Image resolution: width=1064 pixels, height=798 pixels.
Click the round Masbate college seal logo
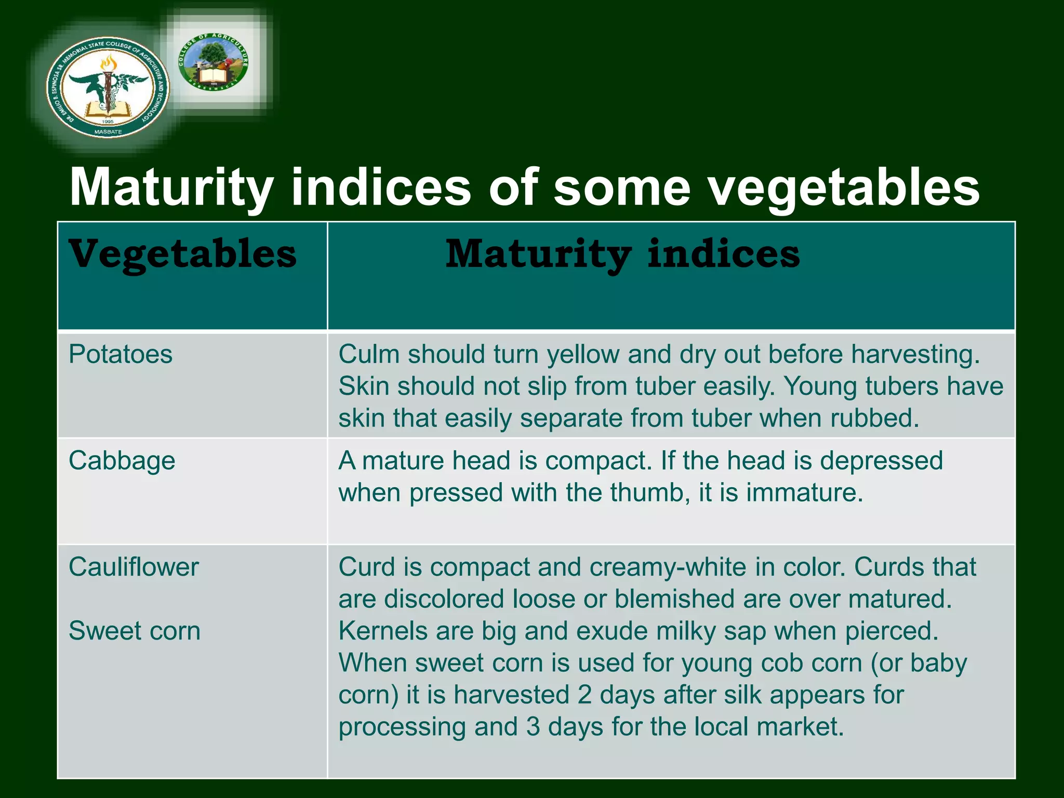[x=108, y=87]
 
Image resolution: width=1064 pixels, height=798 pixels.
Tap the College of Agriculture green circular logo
[x=213, y=62]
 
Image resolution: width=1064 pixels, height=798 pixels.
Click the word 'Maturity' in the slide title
[x=171, y=187]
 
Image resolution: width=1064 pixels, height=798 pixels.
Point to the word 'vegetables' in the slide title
[x=844, y=187]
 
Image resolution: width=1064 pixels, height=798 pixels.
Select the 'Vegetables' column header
[x=183, y=255]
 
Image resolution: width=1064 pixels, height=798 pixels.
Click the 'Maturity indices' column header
[x=622, y=255]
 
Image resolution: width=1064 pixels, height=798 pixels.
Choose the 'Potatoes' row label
[x=121, y=354]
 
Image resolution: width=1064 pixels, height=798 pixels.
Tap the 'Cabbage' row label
[x=122, y=461]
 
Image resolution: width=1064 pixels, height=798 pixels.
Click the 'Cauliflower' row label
[x=134, y=567]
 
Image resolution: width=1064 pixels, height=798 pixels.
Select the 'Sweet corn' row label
[x=135, y=631]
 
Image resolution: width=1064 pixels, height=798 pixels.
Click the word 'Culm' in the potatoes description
[x=369, y=354]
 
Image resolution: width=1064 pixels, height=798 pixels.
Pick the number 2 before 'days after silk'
[x=584, y=695]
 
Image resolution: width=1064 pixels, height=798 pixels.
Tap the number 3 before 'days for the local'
[x=533, y=727]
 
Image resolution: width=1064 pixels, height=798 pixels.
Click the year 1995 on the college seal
[x=108, y=122]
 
